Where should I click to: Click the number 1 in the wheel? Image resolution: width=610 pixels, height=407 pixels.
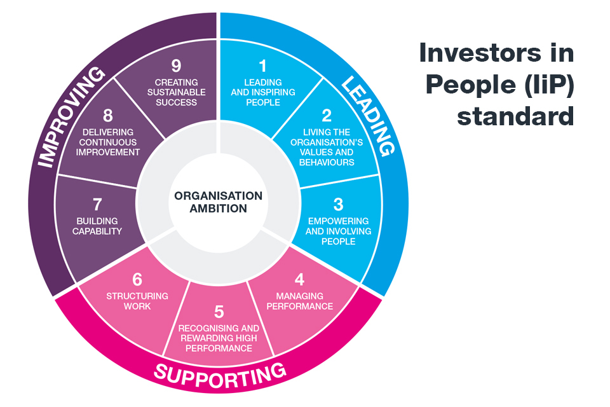[x=262, y=66]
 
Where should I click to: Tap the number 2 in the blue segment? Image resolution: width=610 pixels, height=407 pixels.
[x=327, y=116]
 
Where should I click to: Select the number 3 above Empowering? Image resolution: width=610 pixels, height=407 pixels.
[x=338, y=204]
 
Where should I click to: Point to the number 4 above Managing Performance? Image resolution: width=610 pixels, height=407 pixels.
[x=299, y=279]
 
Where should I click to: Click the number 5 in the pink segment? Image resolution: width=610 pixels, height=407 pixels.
[x=219, y=312]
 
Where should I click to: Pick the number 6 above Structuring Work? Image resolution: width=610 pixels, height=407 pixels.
[x=137, y=279]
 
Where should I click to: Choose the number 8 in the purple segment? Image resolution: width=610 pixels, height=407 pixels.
[x=107, y=116]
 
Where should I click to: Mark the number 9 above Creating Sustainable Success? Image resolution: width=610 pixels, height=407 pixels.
[x=176, y=66]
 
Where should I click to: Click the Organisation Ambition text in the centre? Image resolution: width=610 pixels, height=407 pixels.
[x=219, y=202]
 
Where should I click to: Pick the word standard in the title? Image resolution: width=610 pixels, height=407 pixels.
[x=515, y=117]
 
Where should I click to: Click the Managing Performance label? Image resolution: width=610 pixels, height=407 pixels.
[x=299, y=301]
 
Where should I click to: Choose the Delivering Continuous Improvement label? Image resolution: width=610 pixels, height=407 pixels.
[x=107, y=142]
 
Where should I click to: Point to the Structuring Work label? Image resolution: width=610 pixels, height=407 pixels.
[x=137, y=301]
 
